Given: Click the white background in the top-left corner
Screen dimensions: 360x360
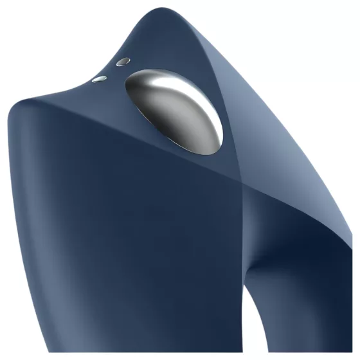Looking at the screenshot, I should pyautogui.click(x=26, y=26).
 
